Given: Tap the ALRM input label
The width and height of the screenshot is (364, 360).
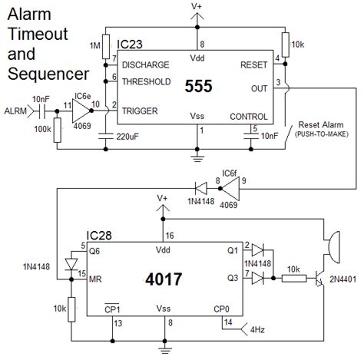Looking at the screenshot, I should pos(15,110).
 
